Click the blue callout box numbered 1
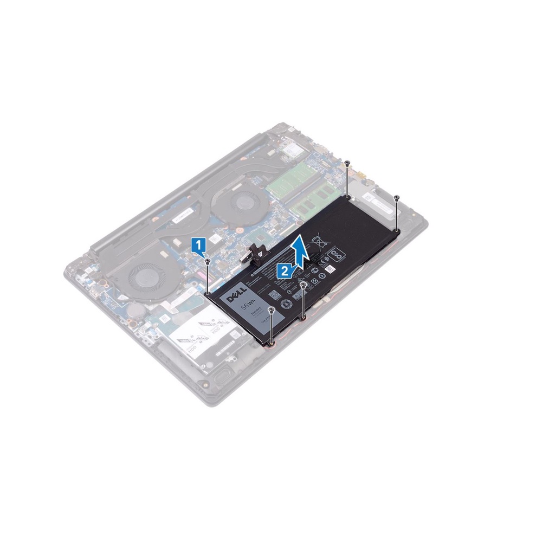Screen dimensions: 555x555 200,246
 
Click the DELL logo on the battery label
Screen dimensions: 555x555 236,298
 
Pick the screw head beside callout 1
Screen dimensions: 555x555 208,261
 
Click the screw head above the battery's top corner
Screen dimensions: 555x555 347,163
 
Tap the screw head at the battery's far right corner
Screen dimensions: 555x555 397,197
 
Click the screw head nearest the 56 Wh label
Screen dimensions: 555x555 270,309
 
